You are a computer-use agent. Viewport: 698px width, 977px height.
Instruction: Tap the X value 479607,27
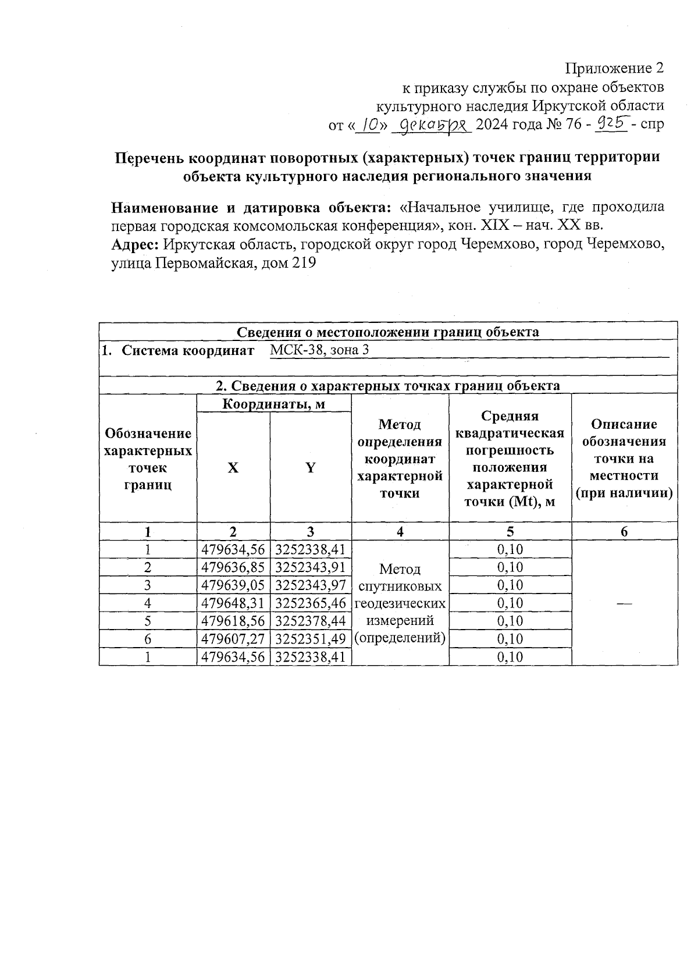pos(233,639)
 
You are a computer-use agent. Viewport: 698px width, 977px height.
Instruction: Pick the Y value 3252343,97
pos(311,585)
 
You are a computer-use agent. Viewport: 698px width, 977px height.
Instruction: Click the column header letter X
pos(233,468)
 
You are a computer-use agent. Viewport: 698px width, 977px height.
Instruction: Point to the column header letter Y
pos(311,468)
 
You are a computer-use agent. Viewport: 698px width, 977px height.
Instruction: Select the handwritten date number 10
pos(367,124)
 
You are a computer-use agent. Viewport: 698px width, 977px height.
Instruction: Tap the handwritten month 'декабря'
pos(431,125)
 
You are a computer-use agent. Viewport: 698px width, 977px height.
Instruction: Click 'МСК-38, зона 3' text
pos(319,350)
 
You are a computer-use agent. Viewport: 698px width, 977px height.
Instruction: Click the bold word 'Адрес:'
pos(136,244)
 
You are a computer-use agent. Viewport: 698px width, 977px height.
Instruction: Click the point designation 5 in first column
pos(148,621)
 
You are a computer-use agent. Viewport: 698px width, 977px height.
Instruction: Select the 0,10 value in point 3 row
pos(510,585)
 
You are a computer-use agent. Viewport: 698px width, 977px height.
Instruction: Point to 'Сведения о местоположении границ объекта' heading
pos(388,332)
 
